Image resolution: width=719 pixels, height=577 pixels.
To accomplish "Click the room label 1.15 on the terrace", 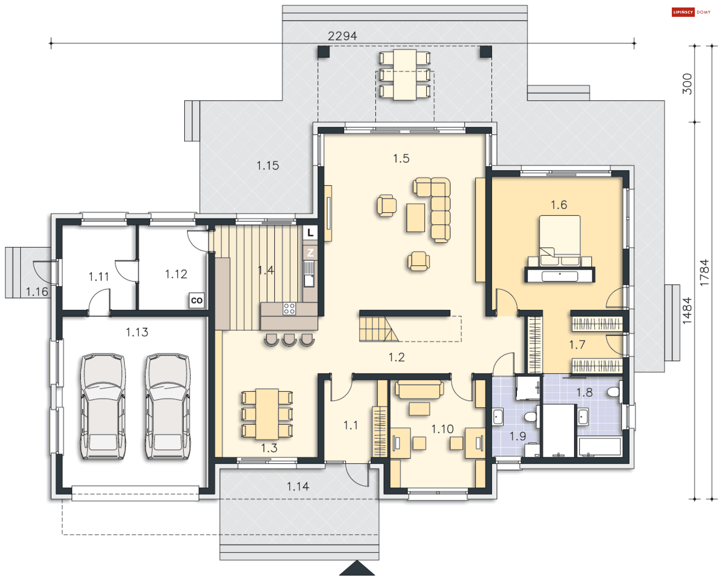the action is coord(267,165).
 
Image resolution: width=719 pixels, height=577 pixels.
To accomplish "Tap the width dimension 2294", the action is coord(342,36).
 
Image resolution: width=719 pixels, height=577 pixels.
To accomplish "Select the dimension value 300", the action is coord(687,84).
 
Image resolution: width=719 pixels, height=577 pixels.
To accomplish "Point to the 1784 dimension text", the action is coord(704,272).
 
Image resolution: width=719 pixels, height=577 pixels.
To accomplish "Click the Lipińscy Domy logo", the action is coord(691,12).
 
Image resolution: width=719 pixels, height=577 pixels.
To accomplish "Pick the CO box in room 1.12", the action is coord(197,300).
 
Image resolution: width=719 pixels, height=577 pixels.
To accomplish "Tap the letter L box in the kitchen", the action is coord(310,232).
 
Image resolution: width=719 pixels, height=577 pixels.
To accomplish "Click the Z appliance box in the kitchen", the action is coord(310,253).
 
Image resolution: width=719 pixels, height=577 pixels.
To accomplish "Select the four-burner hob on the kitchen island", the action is coord(289,309).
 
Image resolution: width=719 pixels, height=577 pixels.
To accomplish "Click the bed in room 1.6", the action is coord(559,241).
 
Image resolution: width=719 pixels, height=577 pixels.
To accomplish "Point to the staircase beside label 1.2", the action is coord(379,329).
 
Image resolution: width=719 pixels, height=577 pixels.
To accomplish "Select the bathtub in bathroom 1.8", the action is coord(600,446).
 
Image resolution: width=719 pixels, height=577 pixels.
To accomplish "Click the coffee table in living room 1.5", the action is coord(416,217).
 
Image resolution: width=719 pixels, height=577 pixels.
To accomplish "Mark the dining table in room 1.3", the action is coord(267,414).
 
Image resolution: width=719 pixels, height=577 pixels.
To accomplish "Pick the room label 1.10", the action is coord(442,429).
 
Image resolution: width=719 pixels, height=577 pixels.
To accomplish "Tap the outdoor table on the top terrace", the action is coord(404,75).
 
